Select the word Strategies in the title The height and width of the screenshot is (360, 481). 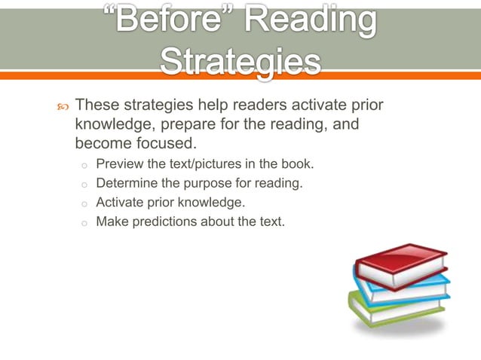coord(240,62)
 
